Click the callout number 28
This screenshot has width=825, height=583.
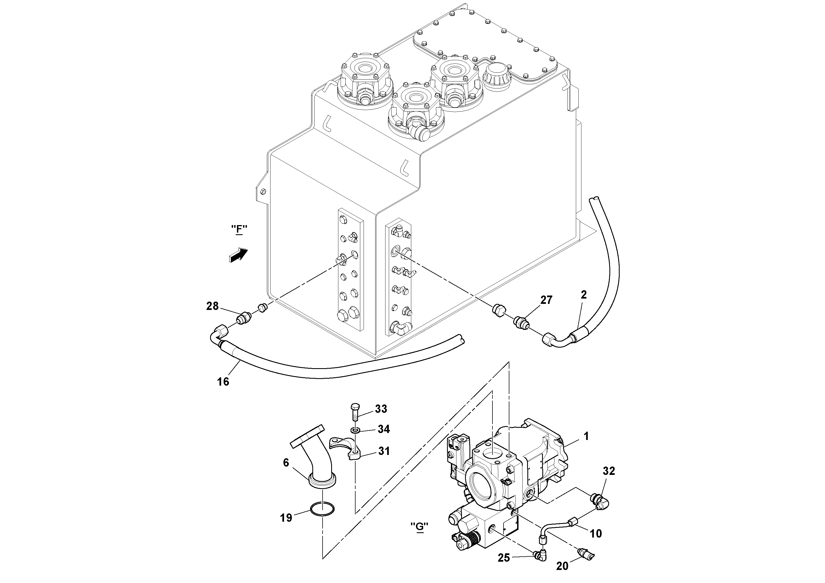point(212,306)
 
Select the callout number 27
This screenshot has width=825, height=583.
point(546,300)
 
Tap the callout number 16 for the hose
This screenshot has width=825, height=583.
point(223,382)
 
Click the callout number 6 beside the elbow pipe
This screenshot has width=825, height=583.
point(286,463)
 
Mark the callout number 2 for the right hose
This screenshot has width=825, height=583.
point(584,295)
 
